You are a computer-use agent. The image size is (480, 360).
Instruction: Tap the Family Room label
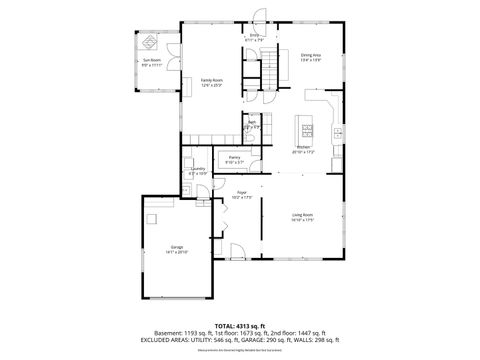coord(211,81)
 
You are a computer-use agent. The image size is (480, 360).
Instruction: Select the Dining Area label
coord(311,57)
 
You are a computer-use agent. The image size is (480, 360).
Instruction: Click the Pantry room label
coord(234,159)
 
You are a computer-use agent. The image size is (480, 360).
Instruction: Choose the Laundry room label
coord(198,171)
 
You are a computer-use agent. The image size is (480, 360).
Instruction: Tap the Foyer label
coord(241,193)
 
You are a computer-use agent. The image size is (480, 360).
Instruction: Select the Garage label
coord(176,249)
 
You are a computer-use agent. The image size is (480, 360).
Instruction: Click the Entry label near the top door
coord(254,38)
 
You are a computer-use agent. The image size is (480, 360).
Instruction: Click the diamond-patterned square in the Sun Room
coord(148,41)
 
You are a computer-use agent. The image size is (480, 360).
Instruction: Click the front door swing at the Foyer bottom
coord(236,250)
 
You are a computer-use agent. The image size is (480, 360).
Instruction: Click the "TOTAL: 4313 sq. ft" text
coord(239,325)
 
